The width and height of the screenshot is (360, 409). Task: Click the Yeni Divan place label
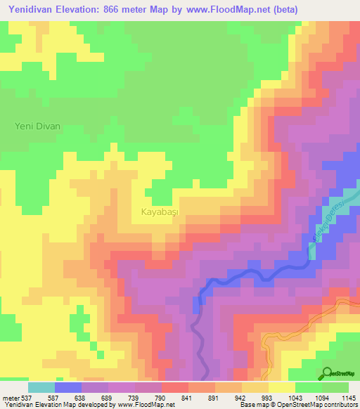point(38,126)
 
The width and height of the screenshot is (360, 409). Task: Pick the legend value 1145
point(349,398)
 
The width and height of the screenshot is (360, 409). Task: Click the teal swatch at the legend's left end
point(41,387)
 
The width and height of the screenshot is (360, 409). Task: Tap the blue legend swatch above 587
point(68,387)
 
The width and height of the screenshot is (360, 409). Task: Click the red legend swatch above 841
point(175,387)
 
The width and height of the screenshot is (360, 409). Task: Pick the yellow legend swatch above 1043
point(282,387)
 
